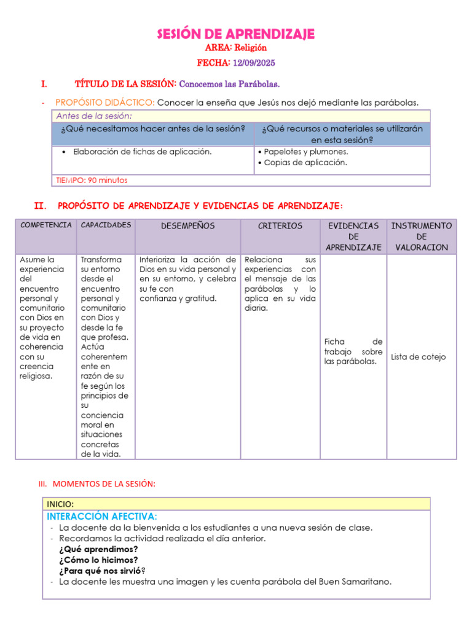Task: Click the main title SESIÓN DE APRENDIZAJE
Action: (x=236, y=34)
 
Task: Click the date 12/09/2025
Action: (x=254, y=63)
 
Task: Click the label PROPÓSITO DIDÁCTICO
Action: (x=105, y=103)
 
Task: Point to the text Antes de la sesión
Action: (x=94, y=116)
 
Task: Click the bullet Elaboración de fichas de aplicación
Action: (x=142, y=152)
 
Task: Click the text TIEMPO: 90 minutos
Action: (x=92, y=181)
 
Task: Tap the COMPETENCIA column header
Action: (x=46, y=225)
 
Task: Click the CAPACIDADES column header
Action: (x=106, y=225)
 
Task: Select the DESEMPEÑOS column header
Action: (x=187, y=226)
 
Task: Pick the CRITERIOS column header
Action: (x=280, y=226)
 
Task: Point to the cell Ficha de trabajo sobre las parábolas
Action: (x=353, y=351)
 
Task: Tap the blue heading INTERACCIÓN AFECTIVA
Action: (x=101, y=516)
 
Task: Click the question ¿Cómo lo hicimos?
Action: (x=98, y=560)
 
